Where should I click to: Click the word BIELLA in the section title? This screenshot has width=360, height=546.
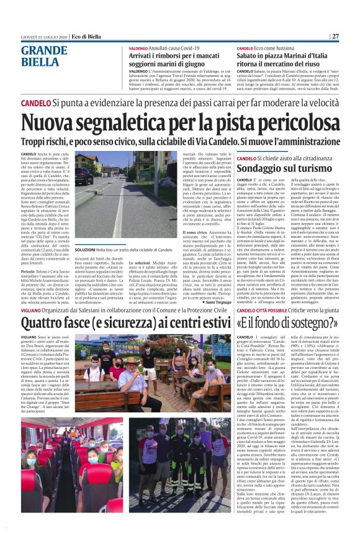[40, 61]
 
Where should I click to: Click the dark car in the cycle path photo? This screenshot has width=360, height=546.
[84, 176]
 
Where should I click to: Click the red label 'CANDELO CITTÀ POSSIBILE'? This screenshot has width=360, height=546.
[260, 309]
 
